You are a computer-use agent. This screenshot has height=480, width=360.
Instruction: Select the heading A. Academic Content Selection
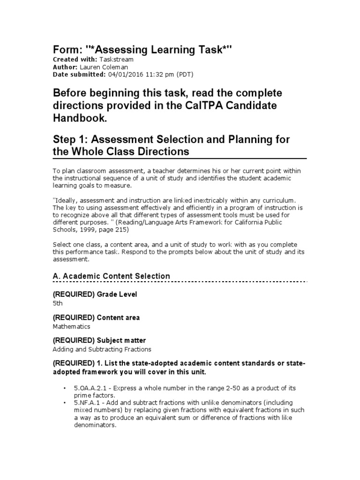pyautogui.click(x=111, y=276)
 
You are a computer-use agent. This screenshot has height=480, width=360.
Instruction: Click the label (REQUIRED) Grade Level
pyautogui.click(x=95, y=294)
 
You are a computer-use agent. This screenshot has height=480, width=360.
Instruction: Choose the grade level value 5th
pyautogui.click(x=57, y=303)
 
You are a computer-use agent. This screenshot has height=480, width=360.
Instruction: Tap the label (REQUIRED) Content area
pyautogui.click(x=96, y=317)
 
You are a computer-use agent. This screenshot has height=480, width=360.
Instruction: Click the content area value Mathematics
pyautogui.click(x=72, y=326)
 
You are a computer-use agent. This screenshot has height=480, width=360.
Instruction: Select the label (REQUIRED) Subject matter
pyautogui.click(x=99, y=340)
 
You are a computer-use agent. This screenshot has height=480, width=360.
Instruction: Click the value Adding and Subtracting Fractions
pyautogui.click(x=102, y=349)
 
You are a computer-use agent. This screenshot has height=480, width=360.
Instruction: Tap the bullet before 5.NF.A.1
pyautogui.click(x=64, y=403)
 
